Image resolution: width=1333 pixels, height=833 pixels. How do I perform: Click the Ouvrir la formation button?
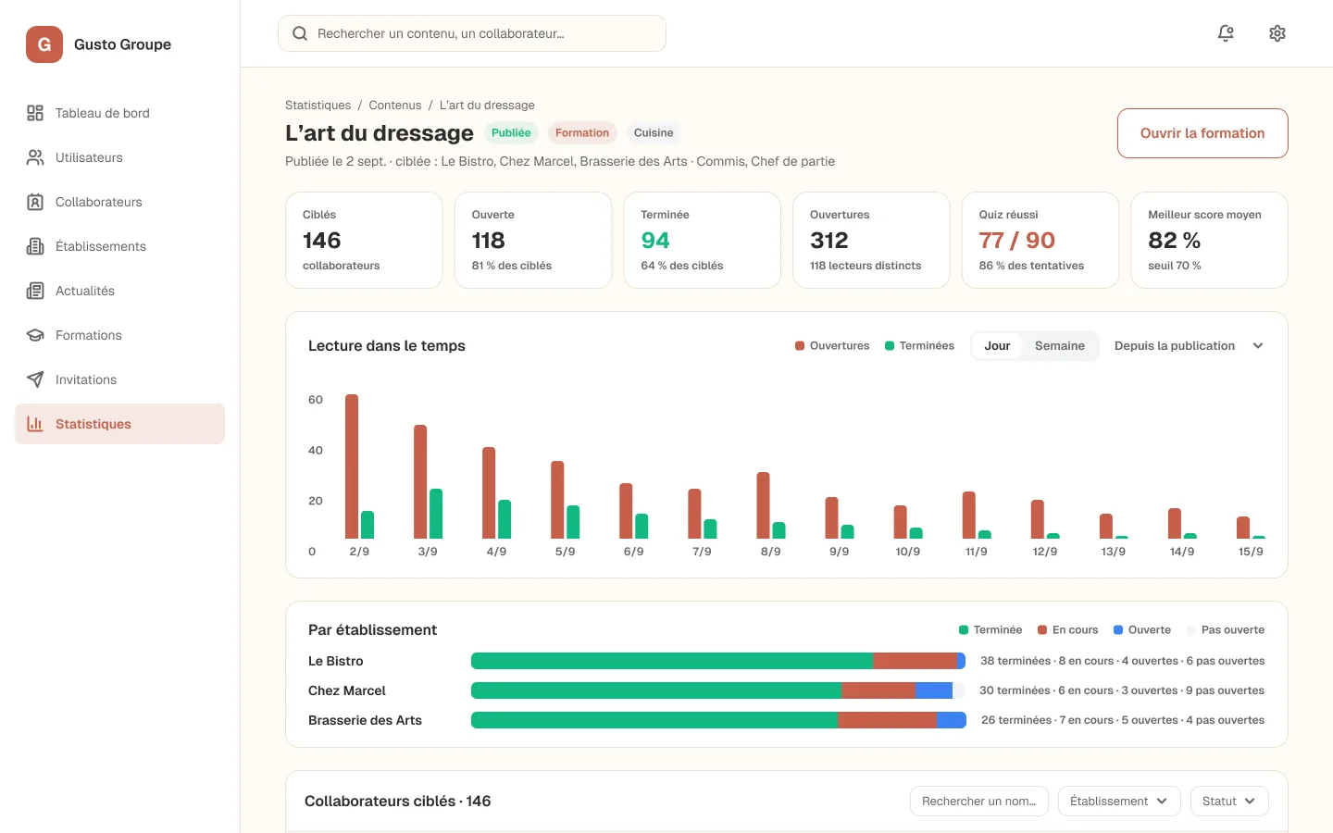[x=1202, y=133]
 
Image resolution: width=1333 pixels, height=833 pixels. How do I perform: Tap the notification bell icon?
[x=1226, y=33]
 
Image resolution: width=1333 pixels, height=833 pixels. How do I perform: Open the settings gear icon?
[x=1277, y=33]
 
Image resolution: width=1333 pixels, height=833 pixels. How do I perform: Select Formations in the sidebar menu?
[x=88, y=335]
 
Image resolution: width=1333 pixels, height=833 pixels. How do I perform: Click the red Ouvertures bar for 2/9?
[x=352, y=466]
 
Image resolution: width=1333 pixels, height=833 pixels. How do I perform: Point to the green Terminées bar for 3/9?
[x=436, y=514]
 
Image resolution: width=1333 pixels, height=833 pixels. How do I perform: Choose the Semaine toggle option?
[x=1059, y=346]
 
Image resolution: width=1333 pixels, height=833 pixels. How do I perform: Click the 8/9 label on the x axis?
[x=770, y=552]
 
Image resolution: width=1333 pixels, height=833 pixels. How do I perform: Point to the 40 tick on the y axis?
[x=316, y=451]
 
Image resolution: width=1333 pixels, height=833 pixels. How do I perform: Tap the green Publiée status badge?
[x=511, y=132]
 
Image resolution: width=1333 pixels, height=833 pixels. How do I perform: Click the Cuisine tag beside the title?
[x=654, y=132]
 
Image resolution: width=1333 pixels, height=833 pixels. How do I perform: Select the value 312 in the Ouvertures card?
[x=828, y=241]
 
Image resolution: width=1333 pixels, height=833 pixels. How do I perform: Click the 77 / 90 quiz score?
[x=1016, y=241]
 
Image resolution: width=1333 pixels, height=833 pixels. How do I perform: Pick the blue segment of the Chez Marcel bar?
[x=934, y=690]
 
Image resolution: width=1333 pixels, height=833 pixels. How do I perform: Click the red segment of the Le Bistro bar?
[x=915, y=661]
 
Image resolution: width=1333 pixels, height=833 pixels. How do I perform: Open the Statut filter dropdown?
[x=1229, y=801]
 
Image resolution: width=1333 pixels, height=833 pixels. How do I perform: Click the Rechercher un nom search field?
[x=979, y=801]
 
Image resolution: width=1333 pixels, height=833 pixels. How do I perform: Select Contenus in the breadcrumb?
[x=394, y=106]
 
